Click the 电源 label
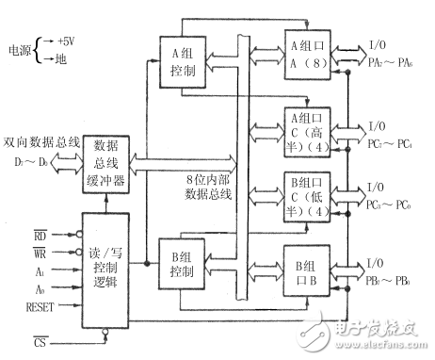(x=20, y=50)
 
